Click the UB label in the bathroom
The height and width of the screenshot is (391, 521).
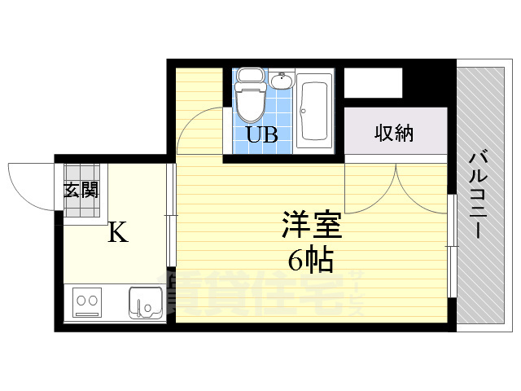coord(262,135)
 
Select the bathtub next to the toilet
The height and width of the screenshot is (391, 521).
coord(313,110)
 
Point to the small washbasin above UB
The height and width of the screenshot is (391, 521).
coord(281,81)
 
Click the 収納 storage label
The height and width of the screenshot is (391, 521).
coord(394,133)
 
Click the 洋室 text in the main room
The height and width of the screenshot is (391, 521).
coord(312,225)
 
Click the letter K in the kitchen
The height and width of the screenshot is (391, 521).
coord(118,234)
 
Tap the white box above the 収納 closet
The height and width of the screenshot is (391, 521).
coord(374,83)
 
